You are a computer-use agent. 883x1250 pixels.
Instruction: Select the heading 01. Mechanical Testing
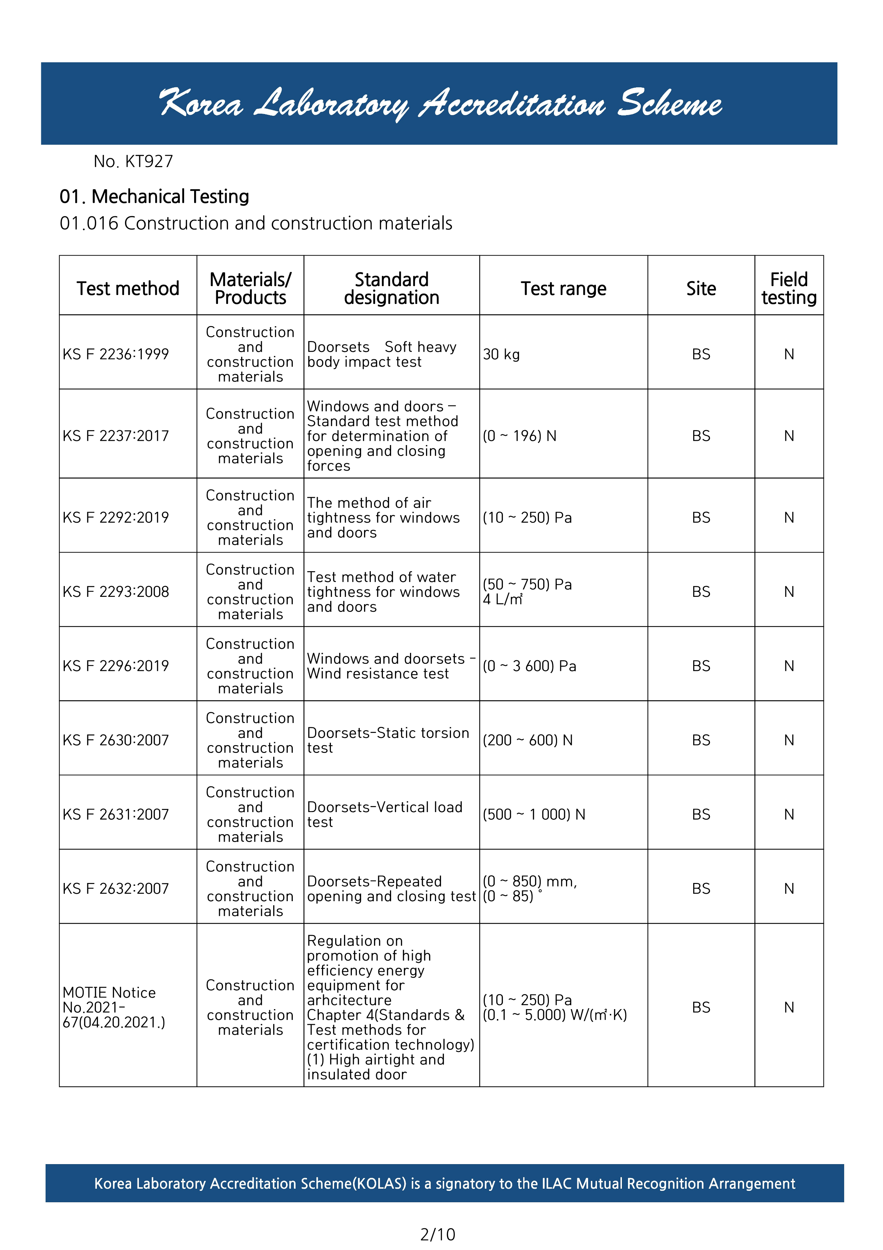[154, 197]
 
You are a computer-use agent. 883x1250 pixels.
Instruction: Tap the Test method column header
[128, 289]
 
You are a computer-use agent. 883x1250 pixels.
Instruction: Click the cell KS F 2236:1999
[116, 355]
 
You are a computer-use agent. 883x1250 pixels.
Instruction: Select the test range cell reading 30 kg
[501, 355]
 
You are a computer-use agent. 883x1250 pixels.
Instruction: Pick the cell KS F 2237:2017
[116, 436]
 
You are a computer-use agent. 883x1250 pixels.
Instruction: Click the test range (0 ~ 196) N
[520, 436]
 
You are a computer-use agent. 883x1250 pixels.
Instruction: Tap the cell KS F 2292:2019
[116, 518]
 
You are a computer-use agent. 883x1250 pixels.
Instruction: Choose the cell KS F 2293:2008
[116, 592]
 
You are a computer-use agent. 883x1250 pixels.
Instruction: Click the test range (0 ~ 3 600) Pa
[529, 666]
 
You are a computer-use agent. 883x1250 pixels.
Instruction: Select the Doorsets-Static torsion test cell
[388, 740]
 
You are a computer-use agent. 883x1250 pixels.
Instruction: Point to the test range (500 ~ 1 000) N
[534, 815]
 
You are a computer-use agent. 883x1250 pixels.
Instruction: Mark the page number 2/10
[438, 1234]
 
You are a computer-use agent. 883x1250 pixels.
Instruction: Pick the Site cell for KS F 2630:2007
[701, 740]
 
